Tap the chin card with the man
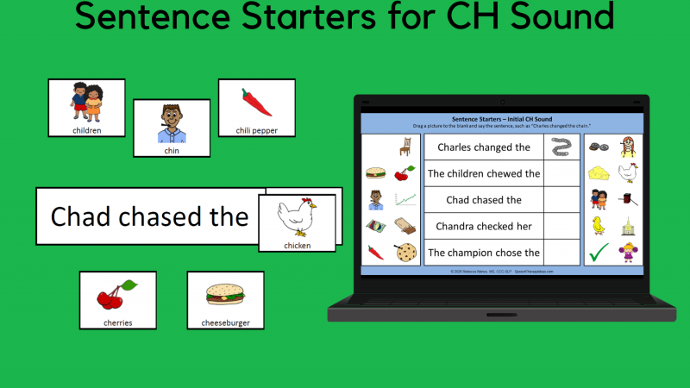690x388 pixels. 172,128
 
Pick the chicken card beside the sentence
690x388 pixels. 298,222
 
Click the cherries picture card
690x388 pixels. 117,300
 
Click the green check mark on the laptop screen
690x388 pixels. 599,253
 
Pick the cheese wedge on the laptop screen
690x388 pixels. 599,173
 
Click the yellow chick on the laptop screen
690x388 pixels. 598,226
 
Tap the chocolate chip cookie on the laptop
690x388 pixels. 404,253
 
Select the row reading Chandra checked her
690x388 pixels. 484,226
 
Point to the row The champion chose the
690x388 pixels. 484,253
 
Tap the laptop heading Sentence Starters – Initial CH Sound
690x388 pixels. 501,119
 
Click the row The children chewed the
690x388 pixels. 484,173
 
